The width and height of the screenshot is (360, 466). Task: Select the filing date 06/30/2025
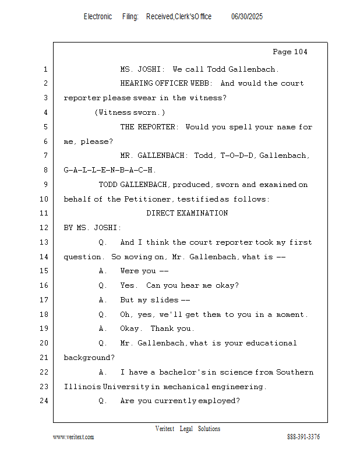(246, 17)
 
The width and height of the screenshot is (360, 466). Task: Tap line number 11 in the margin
(44, 213)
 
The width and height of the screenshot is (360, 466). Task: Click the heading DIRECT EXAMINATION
(187, 213)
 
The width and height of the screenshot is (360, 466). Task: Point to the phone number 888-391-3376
(303, 437)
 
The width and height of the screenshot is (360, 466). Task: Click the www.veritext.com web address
(73, 437)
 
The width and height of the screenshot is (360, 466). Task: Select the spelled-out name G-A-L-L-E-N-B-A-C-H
(110, 170)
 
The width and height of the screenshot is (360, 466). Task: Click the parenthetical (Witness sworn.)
(130, 112)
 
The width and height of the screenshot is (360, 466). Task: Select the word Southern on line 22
(295, 372)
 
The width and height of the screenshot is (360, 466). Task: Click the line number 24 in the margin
(44, 401)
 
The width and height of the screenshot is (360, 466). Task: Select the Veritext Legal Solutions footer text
(188, 429)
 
